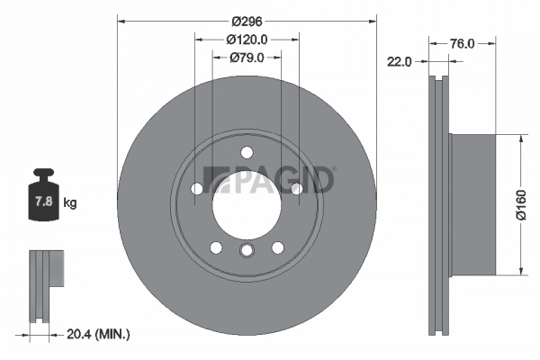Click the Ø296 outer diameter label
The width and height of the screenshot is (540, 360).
pyautogui.click(x=247, y=21)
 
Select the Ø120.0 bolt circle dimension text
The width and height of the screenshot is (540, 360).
pyautogui.click(x=247, y=40)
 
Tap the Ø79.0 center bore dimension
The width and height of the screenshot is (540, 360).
pyautogui.click(x=247, y=58)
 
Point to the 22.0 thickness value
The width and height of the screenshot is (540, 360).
pyautogui.click(x=399, y=62)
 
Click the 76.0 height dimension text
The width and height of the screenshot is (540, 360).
pyautogui.click(x=462, y=42)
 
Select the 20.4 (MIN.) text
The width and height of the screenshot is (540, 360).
pyautogui.click(x=98, y=334)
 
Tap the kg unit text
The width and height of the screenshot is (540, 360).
pyautogui.click(x=70, y=203)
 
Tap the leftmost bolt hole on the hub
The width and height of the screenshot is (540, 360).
pyautogui.click(x=196, y=188)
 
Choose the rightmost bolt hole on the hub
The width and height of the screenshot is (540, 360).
pyautogui.click(x=296, y=188)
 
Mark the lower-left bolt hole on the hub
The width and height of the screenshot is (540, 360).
pyautogui.click(x=216, y=247)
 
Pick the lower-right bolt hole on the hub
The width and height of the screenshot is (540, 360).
pyautogui.click(x=277, y=247)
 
